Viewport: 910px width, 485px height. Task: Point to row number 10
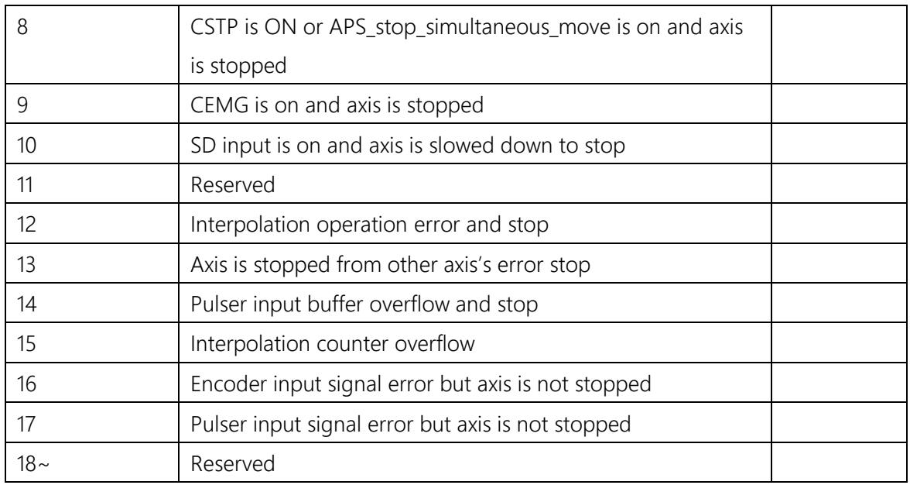(26, 145)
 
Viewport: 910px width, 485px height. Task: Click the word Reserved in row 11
(233, 185)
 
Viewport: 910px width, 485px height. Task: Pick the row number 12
(26, 225)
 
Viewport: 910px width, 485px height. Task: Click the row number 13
(26, 265)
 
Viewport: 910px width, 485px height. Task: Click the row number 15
(26, 344)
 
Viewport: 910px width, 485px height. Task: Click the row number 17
(26, 424)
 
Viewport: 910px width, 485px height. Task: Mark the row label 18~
(30, 463)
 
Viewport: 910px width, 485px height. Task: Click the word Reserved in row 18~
(233, 463)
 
